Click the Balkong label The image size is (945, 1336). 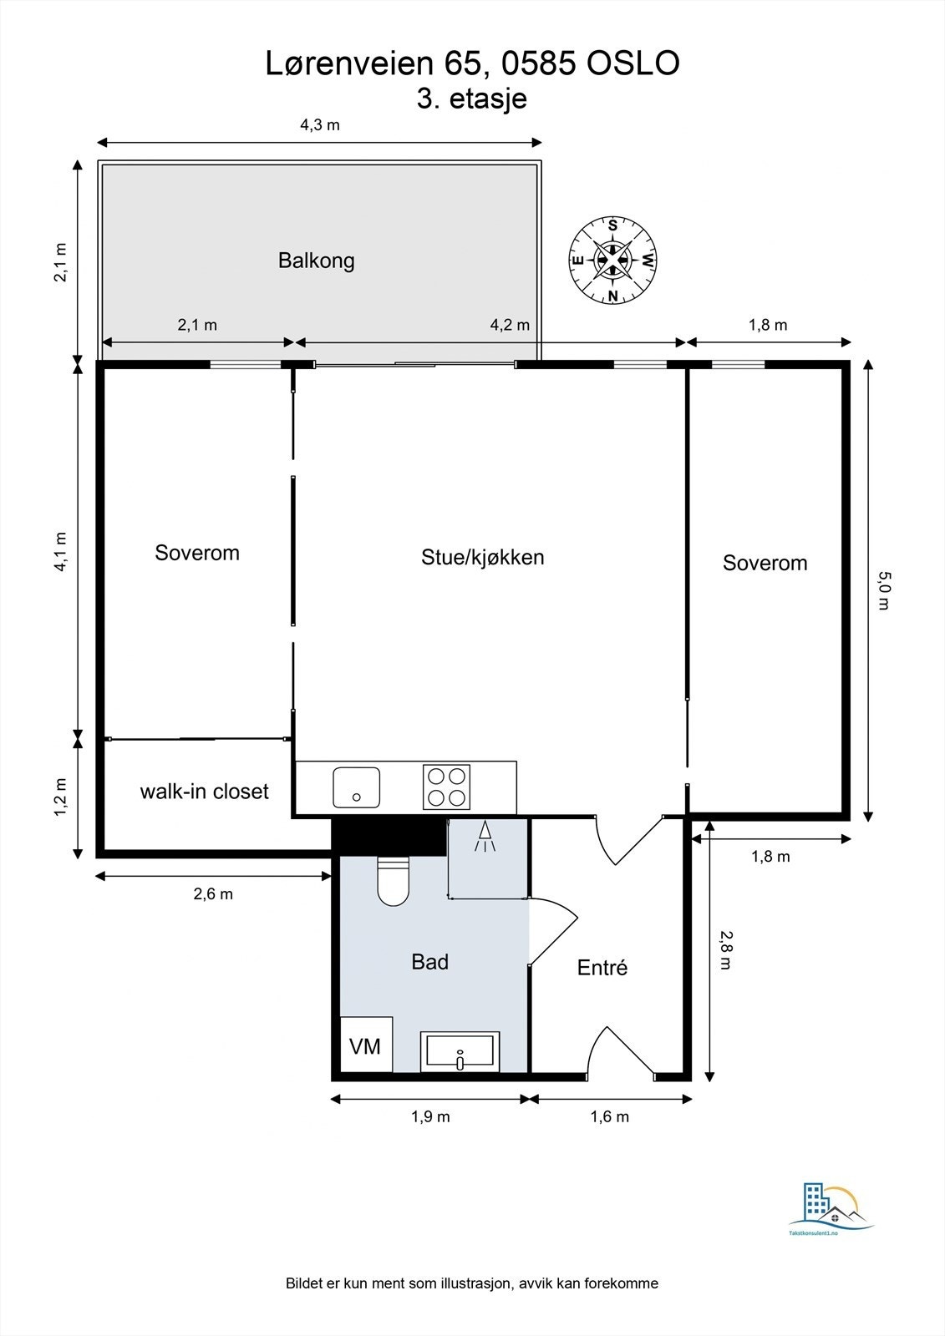pyautogui.click(x=316, y=261)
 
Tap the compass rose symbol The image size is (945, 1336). pyautogui.click(x=612, y=260)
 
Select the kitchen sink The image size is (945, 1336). pyautogui.click(x=356, y=787)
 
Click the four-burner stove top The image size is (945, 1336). pyautogui.click(x=446, y=787)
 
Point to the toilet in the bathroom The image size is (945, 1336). pyautogui.click(x=393, y=883)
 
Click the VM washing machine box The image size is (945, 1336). pyautogui.click(x=366, y=1045)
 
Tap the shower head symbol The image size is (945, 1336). pyautogui.click(x=485, y=837)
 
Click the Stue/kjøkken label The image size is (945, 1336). pyautogui.click(x=482, y=558)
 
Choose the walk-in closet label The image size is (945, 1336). pyautogui.click(x=204, y=792)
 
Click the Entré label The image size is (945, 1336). pyautogui.click(x=602, y=968)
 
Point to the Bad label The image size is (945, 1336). pyautogui.click(x=429, y=962)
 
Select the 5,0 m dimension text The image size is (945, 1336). pyautogui.click(x=884, y=590)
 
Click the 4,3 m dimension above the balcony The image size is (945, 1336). pyautogui.click(x=319, y=125)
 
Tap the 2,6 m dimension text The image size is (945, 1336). pyautogui.click(x=213, y=894)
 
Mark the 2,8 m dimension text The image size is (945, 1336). pyautogui.click(x=724, y=950)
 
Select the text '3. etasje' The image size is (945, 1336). pyautogui.click(x=472, y=99)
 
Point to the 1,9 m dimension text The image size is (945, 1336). pyautogui.click(x=430, y=1116)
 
